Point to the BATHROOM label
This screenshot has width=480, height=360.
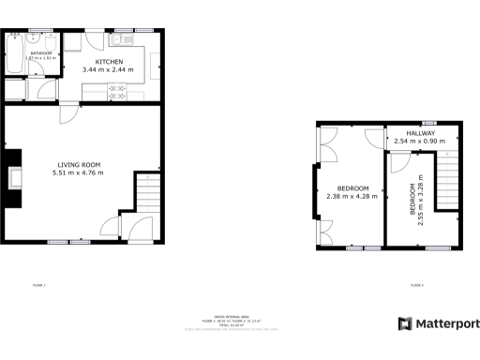click(x=41, y=53)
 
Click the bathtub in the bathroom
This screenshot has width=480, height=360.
click(x=16, y=57)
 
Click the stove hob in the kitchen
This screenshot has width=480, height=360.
click(x=119, y=91)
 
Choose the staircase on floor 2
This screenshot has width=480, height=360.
click(x=451, y=181)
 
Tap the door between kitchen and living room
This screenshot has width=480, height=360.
click(x=67, y=111)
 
